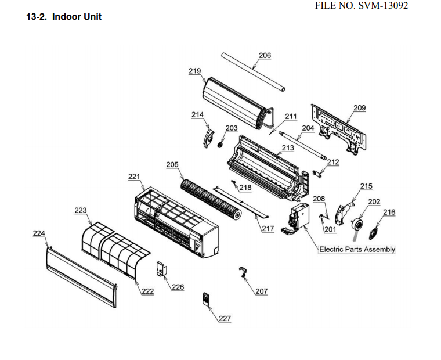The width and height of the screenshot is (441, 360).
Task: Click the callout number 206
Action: pyautogui.click(x=265, y=56)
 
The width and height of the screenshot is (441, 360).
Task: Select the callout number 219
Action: pyautogui.click(x=194, y=71)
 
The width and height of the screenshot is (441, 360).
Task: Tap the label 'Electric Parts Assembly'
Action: pyautogui.click(x=357, y=249)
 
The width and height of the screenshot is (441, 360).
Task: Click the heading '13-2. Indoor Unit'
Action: pyautogui.click(x=64, y=17)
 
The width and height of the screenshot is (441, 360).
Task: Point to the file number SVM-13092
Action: pyautogui.click(x=369, y=5)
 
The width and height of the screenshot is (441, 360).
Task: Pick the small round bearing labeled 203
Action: pyautogui.click(x=220, y=143)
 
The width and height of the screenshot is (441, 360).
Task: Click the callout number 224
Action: pyautogui.click(x=39, y=233)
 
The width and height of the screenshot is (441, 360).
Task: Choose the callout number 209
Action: pyautogui.click(x=359, y=108)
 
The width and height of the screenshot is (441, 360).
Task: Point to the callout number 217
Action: pyautogui.click(x=267, y=229)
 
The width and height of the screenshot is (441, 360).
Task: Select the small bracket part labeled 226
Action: pyautogui.click(x=161, y=269)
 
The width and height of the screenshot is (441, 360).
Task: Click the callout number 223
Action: pyautogui.click(x=81, y=210)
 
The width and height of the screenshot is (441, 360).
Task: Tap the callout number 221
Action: pyautogui.click(x=134, y=177)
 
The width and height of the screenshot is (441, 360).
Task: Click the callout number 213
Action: pyautogui.click(x=287, y=148)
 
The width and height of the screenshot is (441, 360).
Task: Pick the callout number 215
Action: pyautogui.click(x=366, y=186)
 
